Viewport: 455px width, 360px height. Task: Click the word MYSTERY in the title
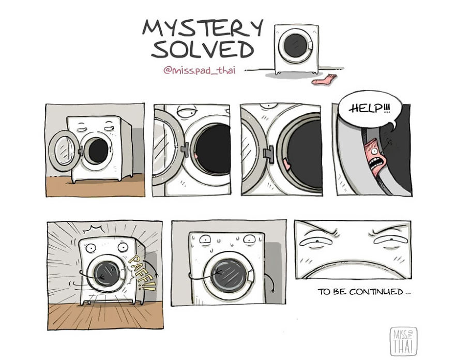(x=202, y=28)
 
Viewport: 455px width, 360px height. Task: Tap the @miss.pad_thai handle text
(x=199, y=71)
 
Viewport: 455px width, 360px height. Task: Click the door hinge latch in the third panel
(x=267, y=154)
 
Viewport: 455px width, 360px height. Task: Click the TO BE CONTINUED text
(x=364, y=292)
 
